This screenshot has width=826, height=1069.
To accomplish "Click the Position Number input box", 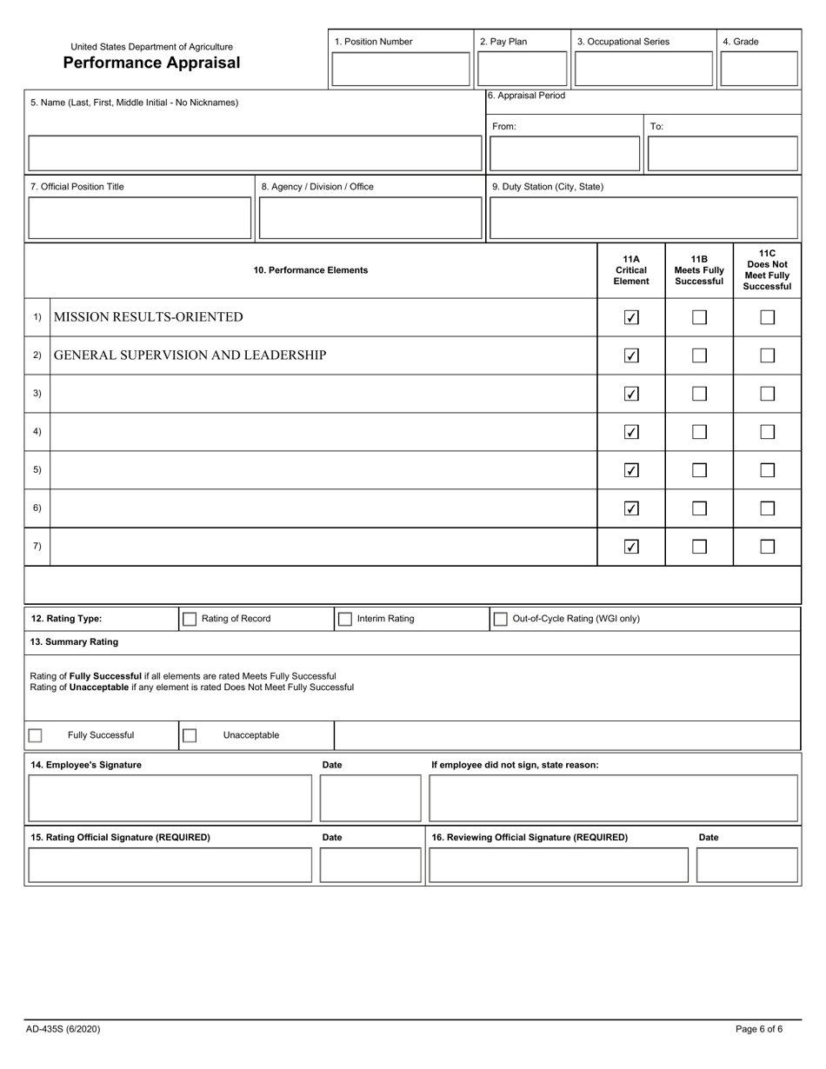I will (400, 69).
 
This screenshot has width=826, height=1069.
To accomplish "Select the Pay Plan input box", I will (523, 69).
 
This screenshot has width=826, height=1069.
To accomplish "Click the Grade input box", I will (759, 69).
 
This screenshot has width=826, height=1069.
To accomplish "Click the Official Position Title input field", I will (140, 218).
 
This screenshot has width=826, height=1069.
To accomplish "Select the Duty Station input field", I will (643, 218).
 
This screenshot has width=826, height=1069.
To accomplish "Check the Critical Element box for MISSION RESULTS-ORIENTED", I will (632, 317).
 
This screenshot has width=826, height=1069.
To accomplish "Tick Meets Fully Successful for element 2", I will (699, 355).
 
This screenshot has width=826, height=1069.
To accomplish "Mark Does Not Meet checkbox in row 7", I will (767, 547).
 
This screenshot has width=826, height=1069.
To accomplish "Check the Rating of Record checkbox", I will (189, 619).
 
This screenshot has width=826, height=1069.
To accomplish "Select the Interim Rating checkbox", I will (344, 619).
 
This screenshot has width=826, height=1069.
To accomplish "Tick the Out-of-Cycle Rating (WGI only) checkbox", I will (500, 619).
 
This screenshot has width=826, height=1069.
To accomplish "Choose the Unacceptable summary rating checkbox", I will (189, 735).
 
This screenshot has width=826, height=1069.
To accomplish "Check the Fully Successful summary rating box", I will (35, 735).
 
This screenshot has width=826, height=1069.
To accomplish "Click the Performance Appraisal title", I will (151, 63).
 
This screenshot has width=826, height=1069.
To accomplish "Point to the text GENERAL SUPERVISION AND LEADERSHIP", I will (190, 355).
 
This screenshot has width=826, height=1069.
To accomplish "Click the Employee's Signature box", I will (170, 799).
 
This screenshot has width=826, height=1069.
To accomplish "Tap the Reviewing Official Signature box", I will (559, 865).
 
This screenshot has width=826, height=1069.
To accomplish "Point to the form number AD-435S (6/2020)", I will (63, 1029).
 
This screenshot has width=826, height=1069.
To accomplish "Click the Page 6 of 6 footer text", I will (758, 1029).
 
